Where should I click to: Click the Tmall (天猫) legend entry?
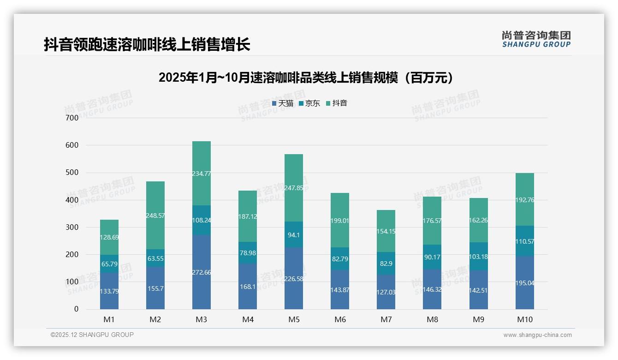click(x=283, y=103)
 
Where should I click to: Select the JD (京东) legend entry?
click(x=309, y=103)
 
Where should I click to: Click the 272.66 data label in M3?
click(x=202, y=272)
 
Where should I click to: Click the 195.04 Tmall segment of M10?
click(x=524, y=283)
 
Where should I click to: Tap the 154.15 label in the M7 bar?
click(x=386, y=231)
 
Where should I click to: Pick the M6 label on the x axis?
click(x=340, y=319)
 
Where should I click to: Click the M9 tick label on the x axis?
click(x=478, y=319)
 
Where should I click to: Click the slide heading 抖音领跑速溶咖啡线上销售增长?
click(x=147, y=45)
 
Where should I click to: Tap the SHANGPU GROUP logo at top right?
click(x=536, y=39)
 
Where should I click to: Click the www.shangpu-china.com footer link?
click(x=537, y=335)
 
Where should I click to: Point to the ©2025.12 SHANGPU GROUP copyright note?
click(x=92, y=335)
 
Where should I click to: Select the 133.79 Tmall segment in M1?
click(x=109, y=291)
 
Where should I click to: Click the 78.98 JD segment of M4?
click(x=248, y=253)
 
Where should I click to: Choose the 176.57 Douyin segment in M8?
click(x=432, y=221)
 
